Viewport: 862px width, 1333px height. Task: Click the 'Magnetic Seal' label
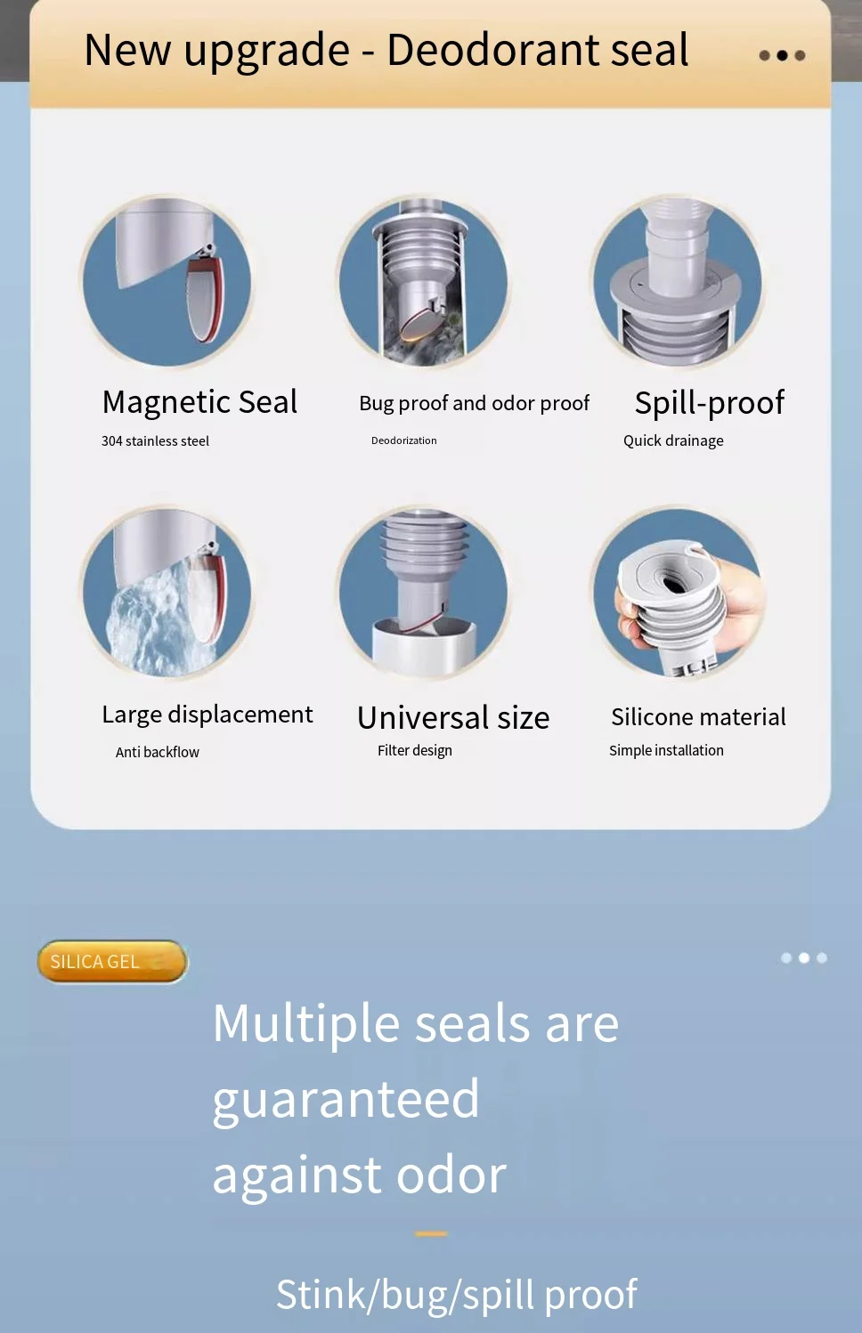pos(199,402)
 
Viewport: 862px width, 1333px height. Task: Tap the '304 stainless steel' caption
pos(155,441)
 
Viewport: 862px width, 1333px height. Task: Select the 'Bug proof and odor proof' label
pos(475,403)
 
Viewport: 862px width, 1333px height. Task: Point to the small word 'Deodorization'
pos(404,440)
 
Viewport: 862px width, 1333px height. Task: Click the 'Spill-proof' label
pos(710,403)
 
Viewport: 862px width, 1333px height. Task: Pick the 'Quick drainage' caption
pos(673,441)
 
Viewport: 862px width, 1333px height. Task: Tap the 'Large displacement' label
pos(207,715)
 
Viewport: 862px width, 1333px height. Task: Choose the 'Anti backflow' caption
pos(158,752)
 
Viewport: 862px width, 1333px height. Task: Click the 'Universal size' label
pos(453,718)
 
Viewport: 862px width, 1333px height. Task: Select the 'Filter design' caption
pos(415,751)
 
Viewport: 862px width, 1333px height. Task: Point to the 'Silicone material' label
pos(698,717)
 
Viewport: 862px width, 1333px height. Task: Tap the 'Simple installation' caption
pos(666,750)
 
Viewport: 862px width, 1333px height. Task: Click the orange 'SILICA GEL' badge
pos(112,961)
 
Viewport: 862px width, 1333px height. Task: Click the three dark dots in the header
pos(782,55)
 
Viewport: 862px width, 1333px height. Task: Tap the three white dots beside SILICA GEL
pos(804,957)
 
